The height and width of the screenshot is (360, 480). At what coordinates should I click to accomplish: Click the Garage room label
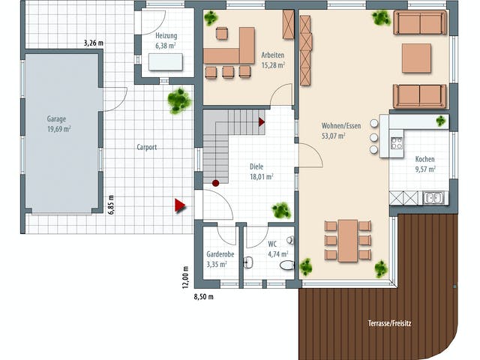click(57, 118)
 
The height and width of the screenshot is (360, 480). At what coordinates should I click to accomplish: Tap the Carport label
click(147, 147)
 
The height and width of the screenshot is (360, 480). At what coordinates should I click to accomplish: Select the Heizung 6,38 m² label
click(166, 40)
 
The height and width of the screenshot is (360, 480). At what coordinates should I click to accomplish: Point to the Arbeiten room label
click(273, 55)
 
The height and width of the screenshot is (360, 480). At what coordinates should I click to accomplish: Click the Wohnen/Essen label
click(341, 125)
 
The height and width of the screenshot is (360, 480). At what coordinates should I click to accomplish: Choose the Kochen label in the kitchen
click(425, 159)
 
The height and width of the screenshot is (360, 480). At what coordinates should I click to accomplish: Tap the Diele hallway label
click(256, 166)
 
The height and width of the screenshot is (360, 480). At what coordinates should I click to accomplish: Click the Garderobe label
click(220, 254)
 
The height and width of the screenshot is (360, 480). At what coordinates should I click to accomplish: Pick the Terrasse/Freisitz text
click(390, 323)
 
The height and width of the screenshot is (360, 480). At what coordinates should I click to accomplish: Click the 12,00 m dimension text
click(185, 277)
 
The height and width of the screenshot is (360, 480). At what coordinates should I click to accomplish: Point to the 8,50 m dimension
click(204, 297)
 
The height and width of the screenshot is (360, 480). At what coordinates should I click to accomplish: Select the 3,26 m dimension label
click(93, 43)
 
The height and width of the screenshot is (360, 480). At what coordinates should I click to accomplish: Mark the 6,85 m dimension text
click(111, 205)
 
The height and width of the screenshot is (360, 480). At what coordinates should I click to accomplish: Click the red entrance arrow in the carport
click(180, 205)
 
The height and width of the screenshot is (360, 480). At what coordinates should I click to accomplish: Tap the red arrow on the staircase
click(262, 121)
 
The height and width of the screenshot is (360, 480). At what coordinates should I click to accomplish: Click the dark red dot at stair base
click(215, 183)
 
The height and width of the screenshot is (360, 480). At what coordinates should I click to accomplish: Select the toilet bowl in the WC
click(286, 265)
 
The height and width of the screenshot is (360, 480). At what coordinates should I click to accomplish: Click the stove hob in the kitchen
click(397, 143)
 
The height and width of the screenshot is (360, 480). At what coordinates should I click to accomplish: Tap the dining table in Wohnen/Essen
click(348, 241)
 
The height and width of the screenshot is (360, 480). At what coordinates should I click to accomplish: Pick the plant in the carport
click(179, 100)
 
